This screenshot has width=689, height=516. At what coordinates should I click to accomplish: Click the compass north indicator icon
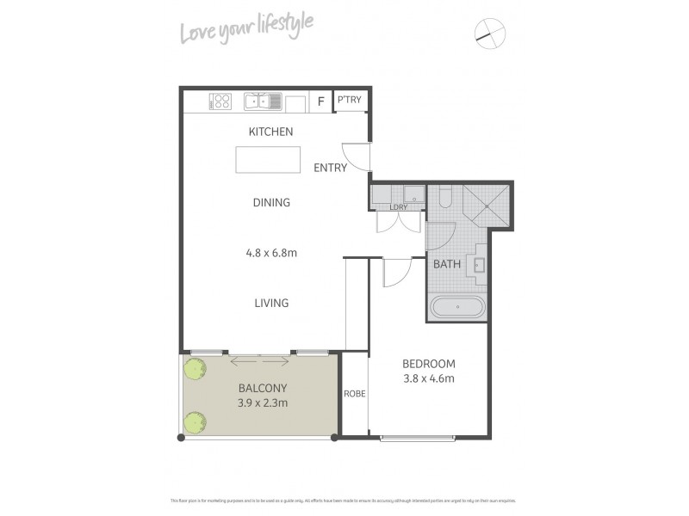tap(490, 34)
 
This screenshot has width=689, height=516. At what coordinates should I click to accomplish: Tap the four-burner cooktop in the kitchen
tap(221, 102)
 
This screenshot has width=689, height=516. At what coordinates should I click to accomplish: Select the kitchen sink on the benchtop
tap(263, 102)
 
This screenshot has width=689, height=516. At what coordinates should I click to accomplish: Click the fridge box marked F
tap(321, 101)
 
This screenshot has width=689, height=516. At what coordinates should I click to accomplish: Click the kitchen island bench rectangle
tap(268, 159)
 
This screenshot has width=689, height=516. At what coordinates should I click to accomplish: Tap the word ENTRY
tap(330, 168)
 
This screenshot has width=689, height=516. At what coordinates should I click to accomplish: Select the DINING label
tap(271, 203)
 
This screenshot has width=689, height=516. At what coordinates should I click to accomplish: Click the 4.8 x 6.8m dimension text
tap(271, 253)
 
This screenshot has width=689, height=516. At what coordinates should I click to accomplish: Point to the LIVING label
tap(271, 303)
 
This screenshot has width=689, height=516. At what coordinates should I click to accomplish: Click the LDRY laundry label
tap(399, 206)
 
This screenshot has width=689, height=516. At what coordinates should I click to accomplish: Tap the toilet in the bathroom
tap(444, 199)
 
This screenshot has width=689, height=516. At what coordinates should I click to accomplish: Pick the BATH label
tap(446, 264)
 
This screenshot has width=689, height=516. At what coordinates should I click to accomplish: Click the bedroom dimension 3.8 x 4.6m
tap(428, 378)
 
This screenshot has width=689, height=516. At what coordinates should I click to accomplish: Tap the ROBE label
tap(355, 394)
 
